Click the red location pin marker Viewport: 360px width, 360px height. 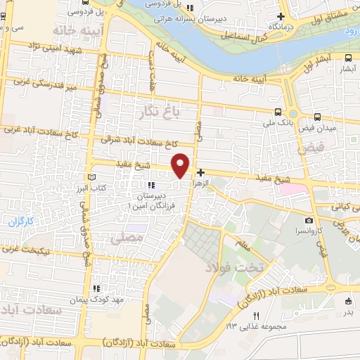(181, 165)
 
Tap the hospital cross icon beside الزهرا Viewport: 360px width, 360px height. (201, 172)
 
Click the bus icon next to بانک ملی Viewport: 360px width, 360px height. (279, 112)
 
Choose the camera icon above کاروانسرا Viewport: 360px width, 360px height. (309, 220)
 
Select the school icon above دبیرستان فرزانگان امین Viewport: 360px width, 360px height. (151, 185)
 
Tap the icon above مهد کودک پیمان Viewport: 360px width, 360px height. (96, 288)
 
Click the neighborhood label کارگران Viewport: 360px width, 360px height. (21, 222)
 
